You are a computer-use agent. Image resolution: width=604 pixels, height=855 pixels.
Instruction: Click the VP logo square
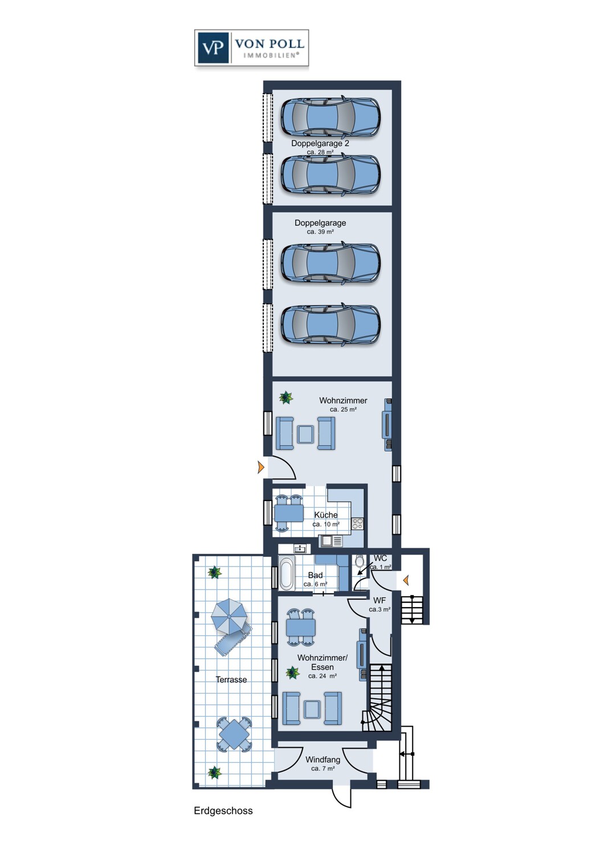click(214, 47)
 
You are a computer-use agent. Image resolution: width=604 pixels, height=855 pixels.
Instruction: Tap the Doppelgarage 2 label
click(320, 144)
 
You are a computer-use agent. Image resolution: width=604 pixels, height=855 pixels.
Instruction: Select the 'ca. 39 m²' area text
click(320, 232)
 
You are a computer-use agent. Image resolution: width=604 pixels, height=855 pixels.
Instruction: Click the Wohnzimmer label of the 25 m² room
click(343, 401)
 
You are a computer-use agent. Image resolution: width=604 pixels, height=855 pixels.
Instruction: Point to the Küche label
click(326, 515)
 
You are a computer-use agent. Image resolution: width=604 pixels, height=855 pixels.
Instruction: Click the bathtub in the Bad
click(286, 573)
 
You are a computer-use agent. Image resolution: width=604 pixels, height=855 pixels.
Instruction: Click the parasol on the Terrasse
click(229, 616)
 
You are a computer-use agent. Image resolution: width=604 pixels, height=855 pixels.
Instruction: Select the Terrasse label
click(231, 679)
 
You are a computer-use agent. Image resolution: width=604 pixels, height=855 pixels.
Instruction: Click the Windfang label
click(323, 760)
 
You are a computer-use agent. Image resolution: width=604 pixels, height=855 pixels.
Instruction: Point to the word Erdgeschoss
click(223, 811)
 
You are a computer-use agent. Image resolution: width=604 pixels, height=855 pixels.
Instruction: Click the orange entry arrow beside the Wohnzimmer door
click(261, 468)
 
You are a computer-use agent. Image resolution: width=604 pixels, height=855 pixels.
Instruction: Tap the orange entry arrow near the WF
click(406, 580)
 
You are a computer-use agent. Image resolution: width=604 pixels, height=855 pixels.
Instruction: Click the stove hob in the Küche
click(357, 523)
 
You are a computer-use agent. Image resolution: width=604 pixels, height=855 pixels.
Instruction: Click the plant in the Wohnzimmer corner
click(285, 397)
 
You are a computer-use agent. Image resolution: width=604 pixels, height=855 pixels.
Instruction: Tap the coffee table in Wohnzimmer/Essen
click(312, 709)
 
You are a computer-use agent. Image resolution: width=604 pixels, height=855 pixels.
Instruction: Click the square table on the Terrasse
click(232, 734)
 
